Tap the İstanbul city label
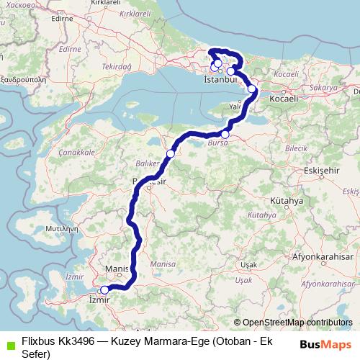pos(220,80)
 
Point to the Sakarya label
pos(325,87)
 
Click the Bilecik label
pos(297,146)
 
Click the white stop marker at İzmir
pos(104,290)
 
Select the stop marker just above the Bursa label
pos(225,134)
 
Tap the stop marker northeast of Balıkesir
pos(171,153)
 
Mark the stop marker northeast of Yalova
pos(252,89)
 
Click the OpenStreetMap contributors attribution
pos(297,322)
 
